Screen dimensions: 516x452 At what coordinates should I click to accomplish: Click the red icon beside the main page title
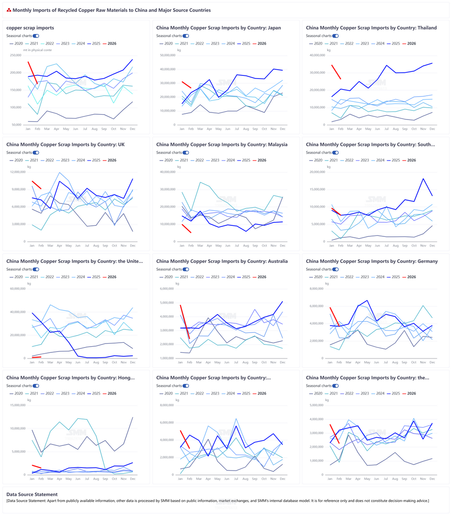[9, 10]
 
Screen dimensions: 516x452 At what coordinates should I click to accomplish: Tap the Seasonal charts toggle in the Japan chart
[186, 36]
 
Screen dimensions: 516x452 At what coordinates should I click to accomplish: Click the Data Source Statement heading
[32, 494]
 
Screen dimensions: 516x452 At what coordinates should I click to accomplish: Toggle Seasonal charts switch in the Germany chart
[335, 269]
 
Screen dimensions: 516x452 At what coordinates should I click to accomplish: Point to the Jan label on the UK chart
[32, 246]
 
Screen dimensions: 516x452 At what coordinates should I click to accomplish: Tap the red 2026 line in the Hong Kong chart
[37, 466]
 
